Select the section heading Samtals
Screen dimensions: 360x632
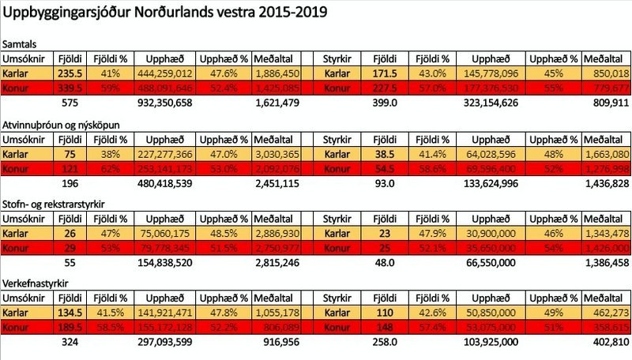(21, 46)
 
